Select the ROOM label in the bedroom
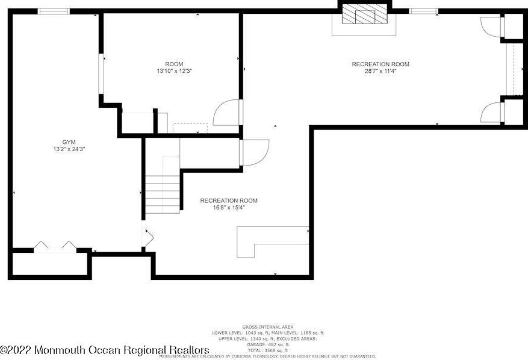click(x=174, y=64)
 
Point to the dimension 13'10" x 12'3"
click(x=174, y=71)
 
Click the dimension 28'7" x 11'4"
click(x=380, y=71)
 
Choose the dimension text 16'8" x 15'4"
click(x=229, y=207)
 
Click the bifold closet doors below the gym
click(x=54, y=247)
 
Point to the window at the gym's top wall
click(x=54, y=11)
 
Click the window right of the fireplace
click(x=423, y=11)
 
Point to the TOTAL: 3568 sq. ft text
click(x=268, y=350)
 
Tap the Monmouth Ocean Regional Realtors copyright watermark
click(x=105, y=350)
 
